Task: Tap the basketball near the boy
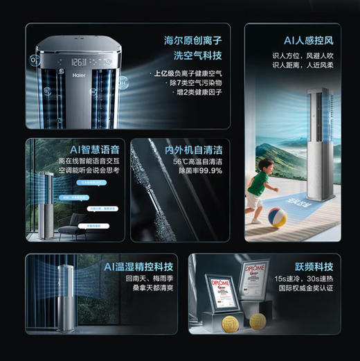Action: [278, 216]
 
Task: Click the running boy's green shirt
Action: [258, 183]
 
